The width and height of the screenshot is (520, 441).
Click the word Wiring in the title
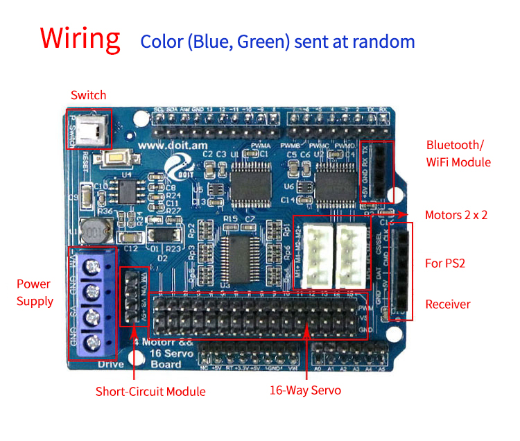coord(80,39)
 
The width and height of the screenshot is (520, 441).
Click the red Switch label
coord(89,95)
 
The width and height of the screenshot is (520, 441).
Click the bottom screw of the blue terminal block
coord(93,343)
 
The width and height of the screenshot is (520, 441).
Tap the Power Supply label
coord(35,293)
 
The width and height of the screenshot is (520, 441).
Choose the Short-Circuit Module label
coord(150,392)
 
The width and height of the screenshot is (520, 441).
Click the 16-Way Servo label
coord(305,390)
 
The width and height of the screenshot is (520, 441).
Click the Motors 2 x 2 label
coord(456,215)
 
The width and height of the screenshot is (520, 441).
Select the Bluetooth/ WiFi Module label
coord(458,153)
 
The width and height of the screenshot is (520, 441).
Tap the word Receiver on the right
coord(448,304)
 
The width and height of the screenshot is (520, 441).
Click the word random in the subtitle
coord(382,41)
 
